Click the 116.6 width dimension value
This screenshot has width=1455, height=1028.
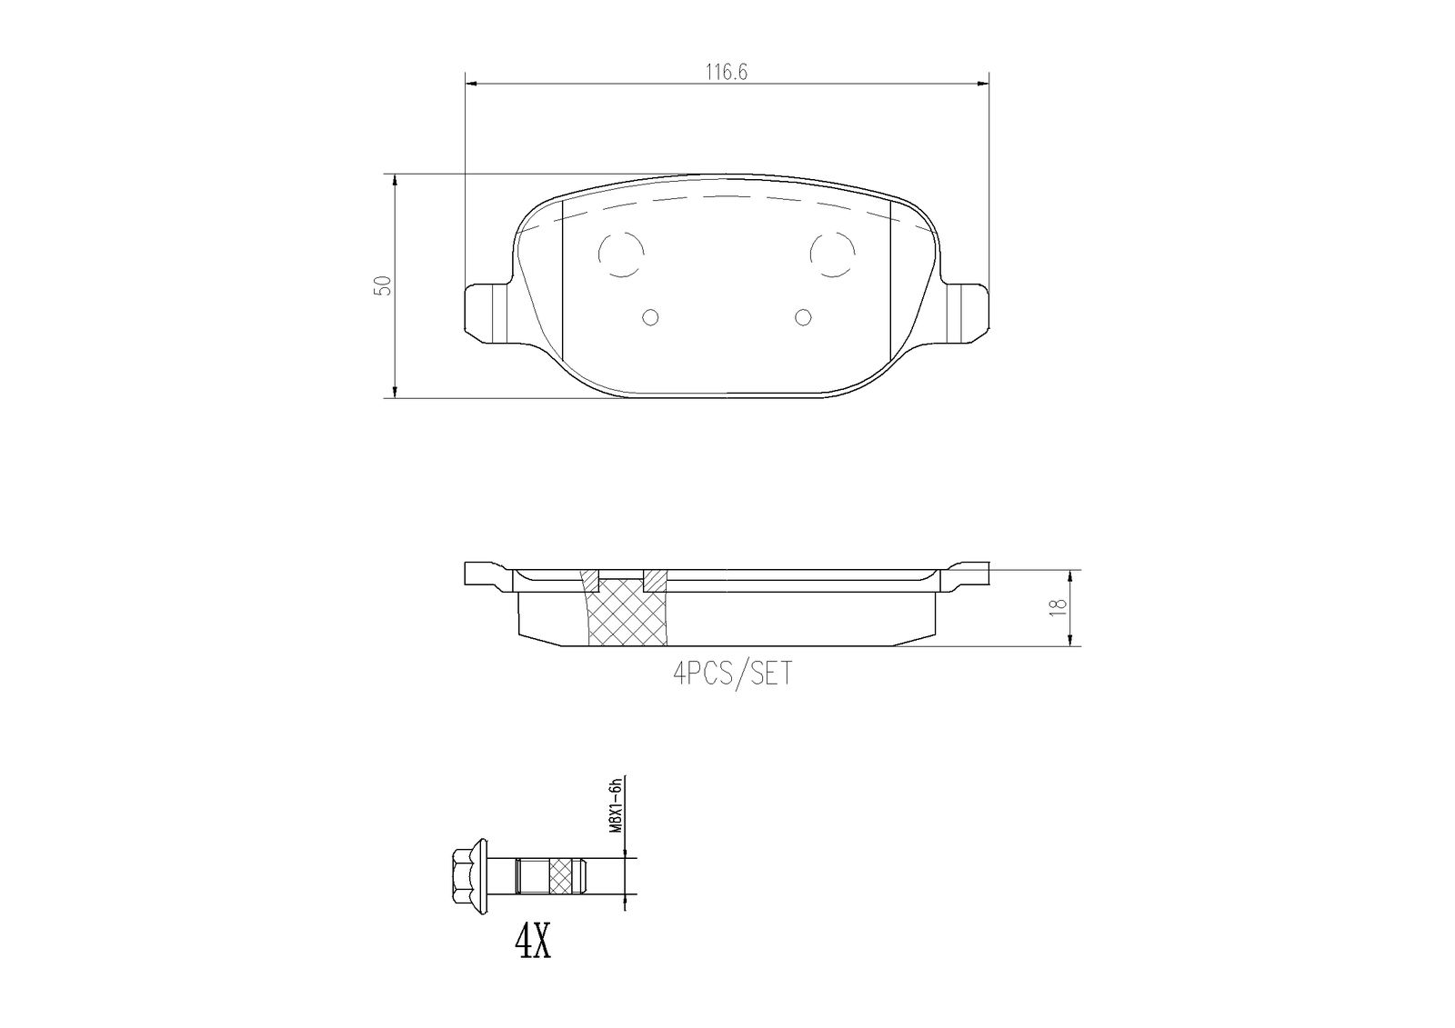coord(727,73)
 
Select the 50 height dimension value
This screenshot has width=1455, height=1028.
coord(385,284)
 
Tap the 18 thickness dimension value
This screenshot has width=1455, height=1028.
coord(1058,608)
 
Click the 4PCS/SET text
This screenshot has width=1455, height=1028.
coord(732,674)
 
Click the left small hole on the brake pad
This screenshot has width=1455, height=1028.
coord(650,316)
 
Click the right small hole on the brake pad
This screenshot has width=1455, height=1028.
coord(802,316)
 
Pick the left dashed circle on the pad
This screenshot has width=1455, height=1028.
coord(622,253)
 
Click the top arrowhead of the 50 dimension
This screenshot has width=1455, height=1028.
coord(395,181)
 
